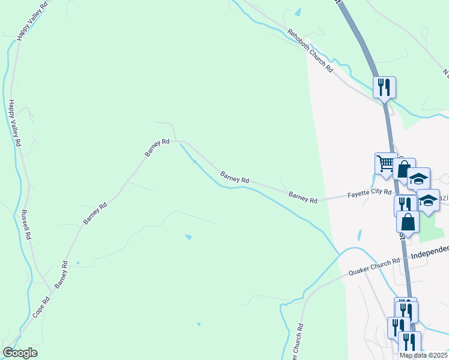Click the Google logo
pos(20,353)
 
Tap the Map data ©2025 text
pos(424,355)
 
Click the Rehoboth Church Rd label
pos(310,51)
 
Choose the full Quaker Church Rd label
pos(375,266)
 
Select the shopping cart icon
pos(385,163)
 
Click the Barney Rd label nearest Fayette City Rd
pos(303,197)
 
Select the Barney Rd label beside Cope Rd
pos(61,275)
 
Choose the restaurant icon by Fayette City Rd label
pos(405,205)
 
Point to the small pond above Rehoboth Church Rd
pos(298,12)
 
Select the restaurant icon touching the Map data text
pos(409,342)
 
